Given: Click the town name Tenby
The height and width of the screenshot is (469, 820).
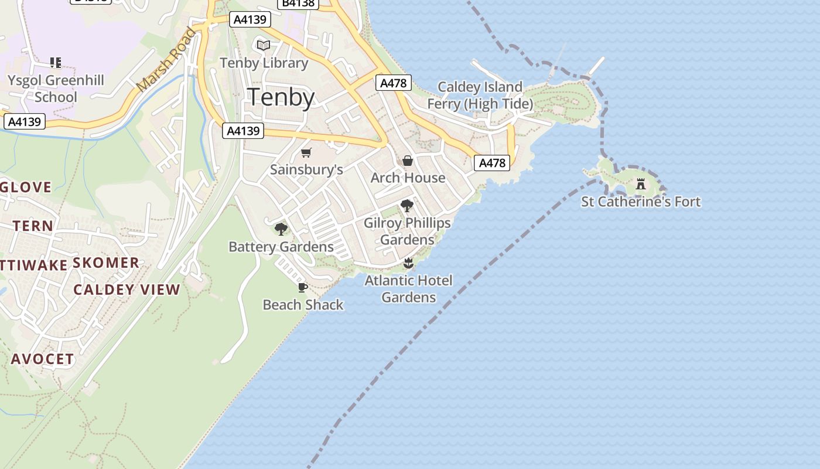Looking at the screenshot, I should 281,97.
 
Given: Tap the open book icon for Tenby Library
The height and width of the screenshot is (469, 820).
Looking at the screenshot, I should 264,45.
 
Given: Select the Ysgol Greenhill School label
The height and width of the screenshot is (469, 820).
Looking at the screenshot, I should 56,89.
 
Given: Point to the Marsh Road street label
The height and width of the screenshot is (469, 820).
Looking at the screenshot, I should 166,59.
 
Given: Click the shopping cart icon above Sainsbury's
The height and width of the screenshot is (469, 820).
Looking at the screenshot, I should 306,153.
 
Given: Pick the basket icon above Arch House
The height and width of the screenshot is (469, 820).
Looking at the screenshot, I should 408,161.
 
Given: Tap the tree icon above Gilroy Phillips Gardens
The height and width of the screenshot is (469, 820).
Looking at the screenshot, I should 407,206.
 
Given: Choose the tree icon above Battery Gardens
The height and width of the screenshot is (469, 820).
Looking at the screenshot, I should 281,229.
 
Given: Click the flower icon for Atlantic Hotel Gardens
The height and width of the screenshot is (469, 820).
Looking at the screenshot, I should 408,263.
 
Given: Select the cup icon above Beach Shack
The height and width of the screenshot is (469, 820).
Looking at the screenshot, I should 302,287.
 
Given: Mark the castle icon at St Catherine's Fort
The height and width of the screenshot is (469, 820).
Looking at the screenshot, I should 641,184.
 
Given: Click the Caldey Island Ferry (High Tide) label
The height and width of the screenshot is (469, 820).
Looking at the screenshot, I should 480,96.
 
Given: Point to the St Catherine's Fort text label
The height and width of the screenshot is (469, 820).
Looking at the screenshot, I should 641,202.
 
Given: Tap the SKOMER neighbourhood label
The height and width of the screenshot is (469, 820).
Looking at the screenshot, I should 106,263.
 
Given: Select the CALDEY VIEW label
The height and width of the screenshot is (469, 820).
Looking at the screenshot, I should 127,290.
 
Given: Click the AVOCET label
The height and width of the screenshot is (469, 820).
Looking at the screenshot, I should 43,359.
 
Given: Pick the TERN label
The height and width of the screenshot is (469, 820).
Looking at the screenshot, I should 33,226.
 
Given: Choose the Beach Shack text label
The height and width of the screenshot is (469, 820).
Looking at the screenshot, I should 303,305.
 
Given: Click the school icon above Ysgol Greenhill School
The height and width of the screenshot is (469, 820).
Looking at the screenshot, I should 56,62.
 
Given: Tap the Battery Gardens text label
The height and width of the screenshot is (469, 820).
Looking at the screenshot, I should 281,247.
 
